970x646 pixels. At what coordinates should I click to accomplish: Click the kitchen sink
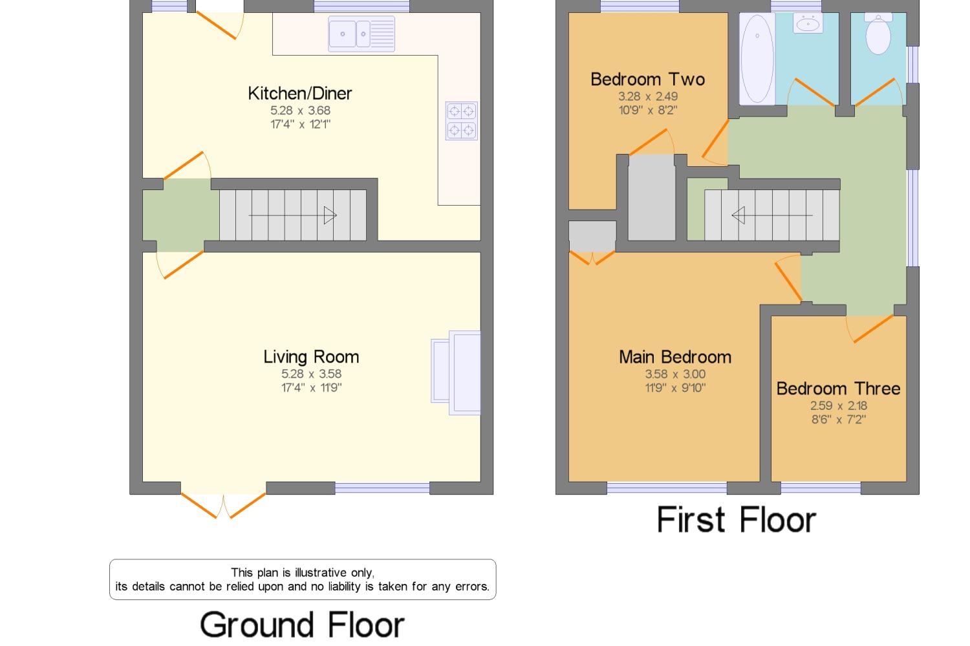point(361,34)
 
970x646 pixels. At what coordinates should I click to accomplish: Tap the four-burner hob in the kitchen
point(462,121)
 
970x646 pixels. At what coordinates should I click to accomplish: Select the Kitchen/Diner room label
point(299,94)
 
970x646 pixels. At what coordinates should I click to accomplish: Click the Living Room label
point(311,357)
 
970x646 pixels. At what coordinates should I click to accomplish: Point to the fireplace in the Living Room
point(456,373)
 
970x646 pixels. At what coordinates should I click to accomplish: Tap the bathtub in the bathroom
point(757,59)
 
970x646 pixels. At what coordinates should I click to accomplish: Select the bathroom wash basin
point(808,23)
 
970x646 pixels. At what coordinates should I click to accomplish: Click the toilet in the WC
point(878,34)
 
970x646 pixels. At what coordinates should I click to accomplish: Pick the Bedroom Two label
point(648,80)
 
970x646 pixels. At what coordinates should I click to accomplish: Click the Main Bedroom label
point(675,357)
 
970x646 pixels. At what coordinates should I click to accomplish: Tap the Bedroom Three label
point(838,389)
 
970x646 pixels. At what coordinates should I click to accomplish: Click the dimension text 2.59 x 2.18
point(839,405)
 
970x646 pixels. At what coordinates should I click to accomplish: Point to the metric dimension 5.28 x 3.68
point(301,111)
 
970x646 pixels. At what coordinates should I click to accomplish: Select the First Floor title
point(737,519)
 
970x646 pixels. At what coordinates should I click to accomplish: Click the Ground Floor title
point(302,625)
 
